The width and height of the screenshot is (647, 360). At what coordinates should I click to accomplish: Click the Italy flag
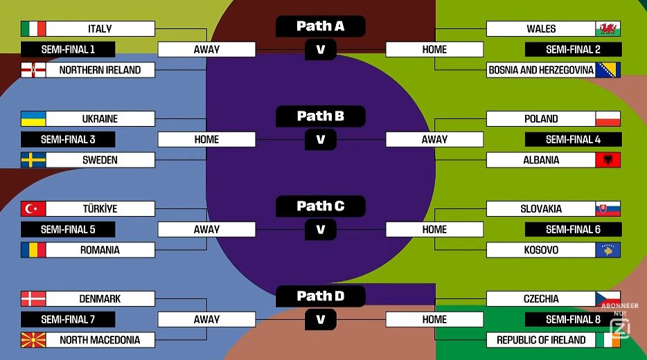click(33, 28)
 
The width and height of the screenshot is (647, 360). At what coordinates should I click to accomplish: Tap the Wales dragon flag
click(608, 28)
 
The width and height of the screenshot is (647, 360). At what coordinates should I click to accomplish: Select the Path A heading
click(320, 26)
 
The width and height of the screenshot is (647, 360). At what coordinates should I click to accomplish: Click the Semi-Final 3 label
click(68, 139)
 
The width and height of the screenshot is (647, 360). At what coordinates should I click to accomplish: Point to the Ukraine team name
click(100, 118)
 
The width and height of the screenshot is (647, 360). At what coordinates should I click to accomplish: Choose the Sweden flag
click(33, 160)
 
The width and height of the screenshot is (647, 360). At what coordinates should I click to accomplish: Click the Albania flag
click(608, 160)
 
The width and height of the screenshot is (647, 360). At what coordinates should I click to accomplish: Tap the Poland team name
click(541, 118)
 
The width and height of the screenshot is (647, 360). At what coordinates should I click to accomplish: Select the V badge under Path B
click(320, 139)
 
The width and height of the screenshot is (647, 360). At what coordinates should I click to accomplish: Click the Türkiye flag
click(33, 208)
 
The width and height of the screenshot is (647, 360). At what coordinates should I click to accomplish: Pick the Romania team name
click(100, 250)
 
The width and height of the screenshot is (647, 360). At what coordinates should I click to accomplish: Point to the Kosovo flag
click(608, 250)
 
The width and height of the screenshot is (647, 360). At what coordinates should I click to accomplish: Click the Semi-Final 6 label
click(573, 229)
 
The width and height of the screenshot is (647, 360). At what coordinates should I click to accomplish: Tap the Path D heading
click(320, 296)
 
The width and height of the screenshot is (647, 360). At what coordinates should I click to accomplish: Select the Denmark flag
click(33, 298)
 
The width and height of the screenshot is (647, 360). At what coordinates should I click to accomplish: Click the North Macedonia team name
click(100, 340)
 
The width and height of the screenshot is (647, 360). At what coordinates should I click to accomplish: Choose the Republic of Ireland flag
click(608, 340)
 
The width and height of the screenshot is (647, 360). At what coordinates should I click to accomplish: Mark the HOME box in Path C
click(434, 229)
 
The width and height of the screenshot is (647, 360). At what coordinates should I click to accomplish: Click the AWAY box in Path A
click(206, 49)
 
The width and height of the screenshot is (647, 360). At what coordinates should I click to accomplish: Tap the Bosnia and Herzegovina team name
click(541, 70)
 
